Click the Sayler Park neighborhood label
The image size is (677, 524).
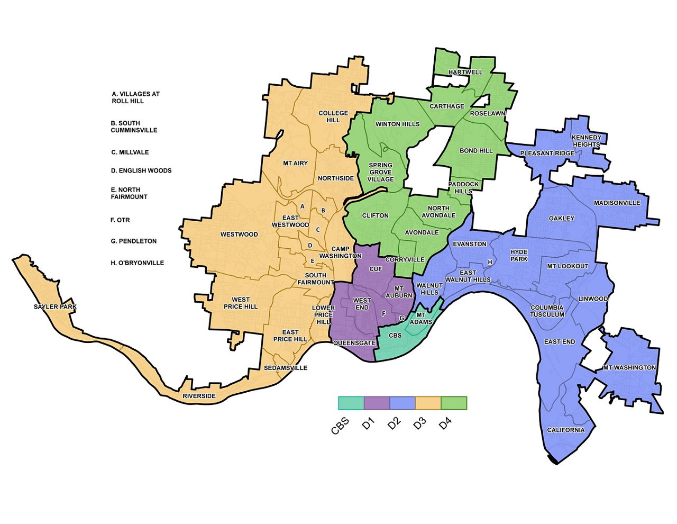(x=55, y=307)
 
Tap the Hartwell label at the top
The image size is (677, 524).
(x=465, y=72)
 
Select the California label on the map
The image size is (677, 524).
(x=565, y=430)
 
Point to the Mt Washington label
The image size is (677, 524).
(x=629, y=367)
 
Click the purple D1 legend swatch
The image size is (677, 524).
(x=377, y=403)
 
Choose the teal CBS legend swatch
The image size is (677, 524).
(x=351, y=403)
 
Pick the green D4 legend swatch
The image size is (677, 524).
(x=454, y=403)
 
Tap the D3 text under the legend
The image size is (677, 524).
(x=420, y=423)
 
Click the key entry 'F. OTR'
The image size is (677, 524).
(x=120, y=220)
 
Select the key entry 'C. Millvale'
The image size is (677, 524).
(x=130, y=152)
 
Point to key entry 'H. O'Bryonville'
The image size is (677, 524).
(x=138, y=263)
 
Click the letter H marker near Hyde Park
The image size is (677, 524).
(x=490, y=263)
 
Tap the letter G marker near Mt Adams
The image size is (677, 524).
(x=401, y=318)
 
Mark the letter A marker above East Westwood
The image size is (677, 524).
(x=302, y=206)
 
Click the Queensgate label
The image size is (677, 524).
(x=354, y=343)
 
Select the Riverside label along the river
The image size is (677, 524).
(x=199, y=396)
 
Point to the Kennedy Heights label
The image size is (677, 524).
(x=586, y=141)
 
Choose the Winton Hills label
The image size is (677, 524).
(x=397, y=124)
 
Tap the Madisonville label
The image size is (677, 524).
(x=617, y=203)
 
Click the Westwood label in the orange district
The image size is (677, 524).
(x=239, y=234)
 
